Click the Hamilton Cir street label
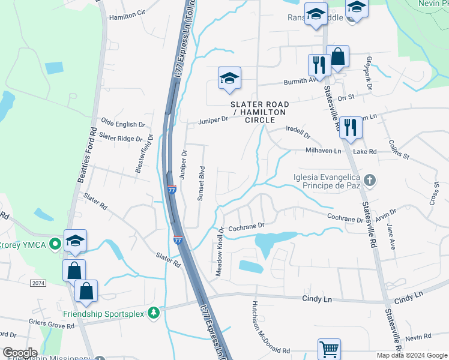(x=127, y=15)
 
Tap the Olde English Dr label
(x=123, y=124)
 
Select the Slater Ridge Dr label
(x=118, y=138)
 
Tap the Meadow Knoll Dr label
(x=220, y=251)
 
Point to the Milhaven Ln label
(x=323, y=151)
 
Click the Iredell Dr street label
(x=298, y=132)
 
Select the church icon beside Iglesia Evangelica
(x=370, y=179)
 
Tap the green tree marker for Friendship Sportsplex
(x=154, y=313)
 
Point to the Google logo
(x=20, y=353)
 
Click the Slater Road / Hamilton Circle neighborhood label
(x=259, y=112)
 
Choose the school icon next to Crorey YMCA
(x=76, y=241)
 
